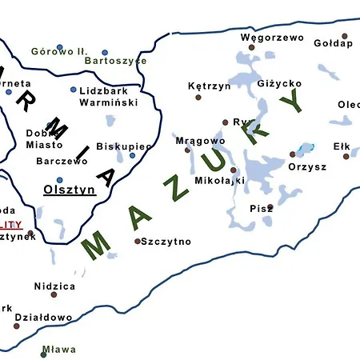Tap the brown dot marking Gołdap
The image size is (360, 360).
(x=345, y=36)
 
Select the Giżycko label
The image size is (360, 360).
(x=280, y=83)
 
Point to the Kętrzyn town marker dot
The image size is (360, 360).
(x=198, y=97)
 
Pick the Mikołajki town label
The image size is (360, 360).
(x=219, y=180)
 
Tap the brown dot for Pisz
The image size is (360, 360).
(x=270, y=207)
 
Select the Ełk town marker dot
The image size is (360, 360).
(x=346, y=156)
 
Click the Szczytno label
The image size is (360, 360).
(x=166, y=241)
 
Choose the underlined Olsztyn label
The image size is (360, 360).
(x=70, y=190)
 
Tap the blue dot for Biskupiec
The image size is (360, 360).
(x=133, y=155)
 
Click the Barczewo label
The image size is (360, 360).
(x=62, y=161)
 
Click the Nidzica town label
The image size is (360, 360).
(x=55, y=286)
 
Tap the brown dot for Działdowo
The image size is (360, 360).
(x=17, y=326)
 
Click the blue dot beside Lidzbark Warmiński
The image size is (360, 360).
(x=74, y=90)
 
